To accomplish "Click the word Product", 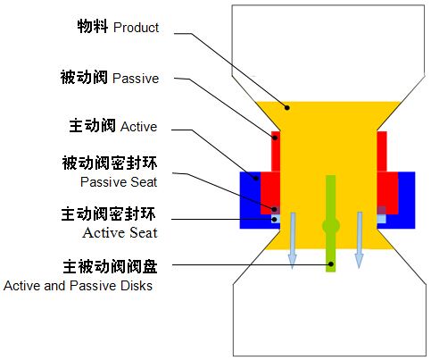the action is [136, 28].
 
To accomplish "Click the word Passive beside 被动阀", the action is [136, 79].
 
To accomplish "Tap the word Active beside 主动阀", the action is [138, 127].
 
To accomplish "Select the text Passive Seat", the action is [119, 182].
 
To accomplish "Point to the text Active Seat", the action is [120, 232].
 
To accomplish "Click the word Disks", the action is [137, 286].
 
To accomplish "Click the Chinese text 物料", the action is [93, 26].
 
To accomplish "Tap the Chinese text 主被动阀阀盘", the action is [110, 266].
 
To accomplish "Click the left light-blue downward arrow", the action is [293, 240].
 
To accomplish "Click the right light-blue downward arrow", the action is [360, 240].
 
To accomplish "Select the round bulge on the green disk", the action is [331, 226].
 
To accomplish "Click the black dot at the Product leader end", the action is [287, 107].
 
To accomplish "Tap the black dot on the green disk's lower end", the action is [331, 264].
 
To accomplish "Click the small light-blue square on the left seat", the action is [276, 219].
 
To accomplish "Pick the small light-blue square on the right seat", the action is [381, 219].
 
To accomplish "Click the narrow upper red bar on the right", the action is [382, 151].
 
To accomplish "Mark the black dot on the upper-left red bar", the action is [276, 138].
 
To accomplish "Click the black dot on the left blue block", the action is [256, 179].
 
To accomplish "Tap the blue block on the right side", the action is [406, 200].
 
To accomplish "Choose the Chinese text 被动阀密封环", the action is [110, 163].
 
